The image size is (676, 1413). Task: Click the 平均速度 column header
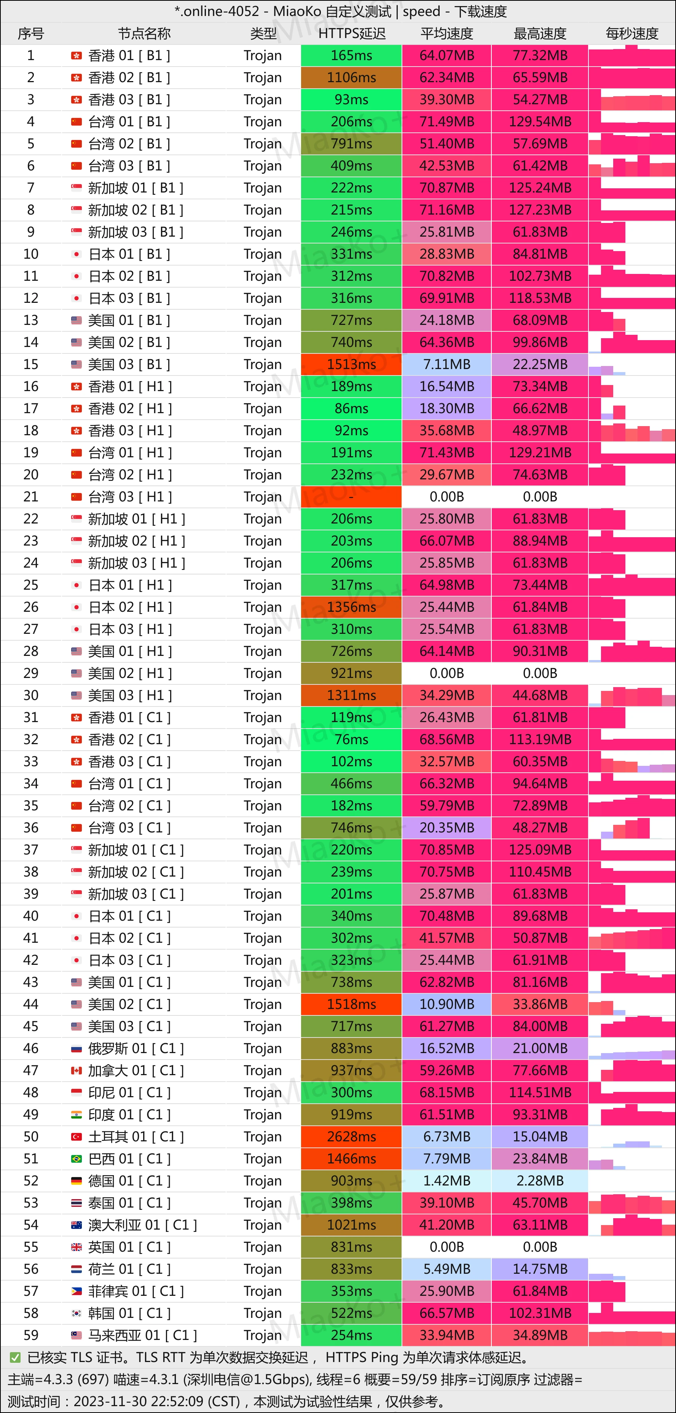click(446, 34)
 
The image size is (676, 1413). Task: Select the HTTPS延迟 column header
click(352, 34)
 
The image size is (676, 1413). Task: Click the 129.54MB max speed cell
click(540, 122)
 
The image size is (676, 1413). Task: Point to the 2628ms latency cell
click(351, 1136)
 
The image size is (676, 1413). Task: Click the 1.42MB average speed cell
click(446, 1181)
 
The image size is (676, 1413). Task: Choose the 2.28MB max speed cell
click(540, 1181)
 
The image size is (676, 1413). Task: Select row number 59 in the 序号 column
click(31, 1335)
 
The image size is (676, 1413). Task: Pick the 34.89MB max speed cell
click(540, 1335)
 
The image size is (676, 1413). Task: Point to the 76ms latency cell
click(351, 740)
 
